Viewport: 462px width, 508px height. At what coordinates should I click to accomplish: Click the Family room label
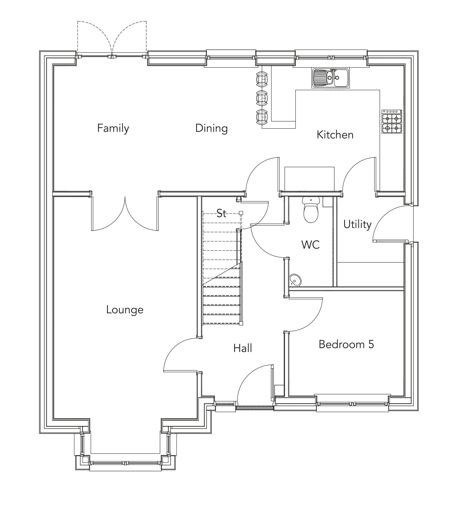tap(113, 128)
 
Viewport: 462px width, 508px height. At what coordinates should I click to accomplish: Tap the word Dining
tap(211, 128)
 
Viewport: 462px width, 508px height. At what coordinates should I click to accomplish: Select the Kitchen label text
tap(335, 135)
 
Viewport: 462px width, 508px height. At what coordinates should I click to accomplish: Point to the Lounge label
tap(125, 310)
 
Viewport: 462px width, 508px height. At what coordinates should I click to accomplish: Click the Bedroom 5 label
tap(346, 344)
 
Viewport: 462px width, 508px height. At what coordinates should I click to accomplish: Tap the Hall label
tap(243, 349)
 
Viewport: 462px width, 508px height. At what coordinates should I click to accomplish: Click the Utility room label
tap(357, 224)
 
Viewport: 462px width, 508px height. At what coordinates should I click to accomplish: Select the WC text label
tap(310, 245)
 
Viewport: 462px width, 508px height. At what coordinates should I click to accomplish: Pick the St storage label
tap(221, 214)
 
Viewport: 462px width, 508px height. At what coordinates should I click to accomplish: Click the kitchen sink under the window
tap(330, 78)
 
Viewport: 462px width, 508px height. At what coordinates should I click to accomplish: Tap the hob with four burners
tap(392, 122)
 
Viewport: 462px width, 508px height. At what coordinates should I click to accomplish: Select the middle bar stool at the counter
tap(262, 98)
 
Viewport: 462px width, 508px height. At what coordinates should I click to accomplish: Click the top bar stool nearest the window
tap(262, 79)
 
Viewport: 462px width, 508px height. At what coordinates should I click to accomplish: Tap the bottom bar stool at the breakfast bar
tap(262, 117)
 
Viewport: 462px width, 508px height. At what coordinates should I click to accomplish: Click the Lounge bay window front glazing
tap(125, 463)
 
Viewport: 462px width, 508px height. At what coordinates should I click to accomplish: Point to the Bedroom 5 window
tap(352, 404)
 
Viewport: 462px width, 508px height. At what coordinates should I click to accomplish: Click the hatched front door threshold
tap(255, 408)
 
